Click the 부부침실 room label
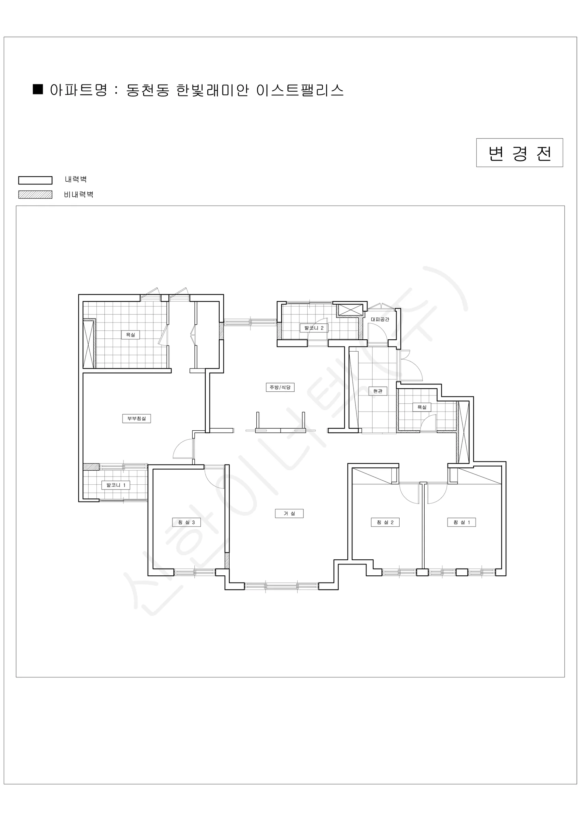click(136, 418)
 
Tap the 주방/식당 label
click(280, 387)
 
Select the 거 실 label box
click(289, 513)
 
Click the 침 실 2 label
click(385, 522)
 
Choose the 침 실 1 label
click(462, 522)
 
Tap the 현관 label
click(378, 391)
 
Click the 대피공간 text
click(380, 319)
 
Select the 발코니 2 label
click(314, 328)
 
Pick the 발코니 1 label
click(116, 485)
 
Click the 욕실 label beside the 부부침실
click(130, 335)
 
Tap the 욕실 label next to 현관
click(422, 407)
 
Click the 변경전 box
click(519, 153)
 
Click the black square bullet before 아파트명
click(38, 89)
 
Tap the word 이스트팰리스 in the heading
click(300, 90)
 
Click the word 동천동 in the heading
click(148, 90)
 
